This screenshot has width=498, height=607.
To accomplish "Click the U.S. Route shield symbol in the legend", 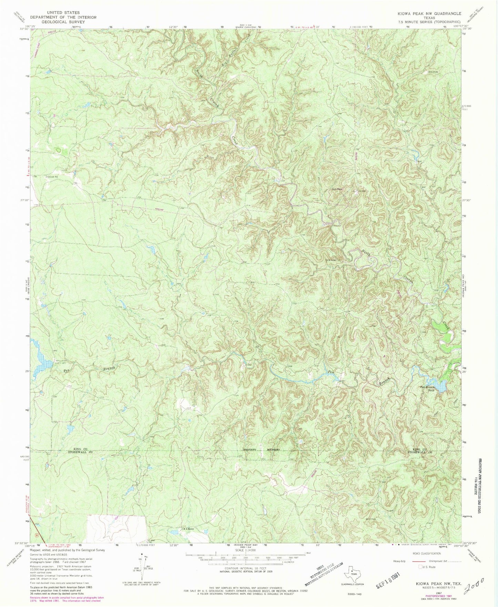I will (x=420, y=566).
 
